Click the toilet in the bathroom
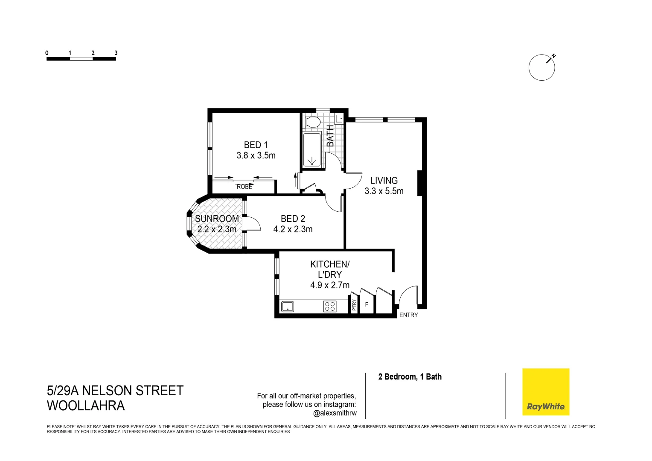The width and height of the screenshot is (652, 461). (313, 122)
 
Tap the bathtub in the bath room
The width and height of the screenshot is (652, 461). (312, 150)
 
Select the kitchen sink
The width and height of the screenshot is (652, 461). (287, 306)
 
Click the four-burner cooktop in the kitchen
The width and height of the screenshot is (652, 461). (330, 306)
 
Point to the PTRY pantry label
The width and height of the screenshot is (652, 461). (354, 305)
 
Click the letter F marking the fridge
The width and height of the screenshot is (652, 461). (366, 305)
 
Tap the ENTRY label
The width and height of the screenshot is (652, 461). (408, 315)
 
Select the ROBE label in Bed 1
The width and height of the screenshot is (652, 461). (244, 187)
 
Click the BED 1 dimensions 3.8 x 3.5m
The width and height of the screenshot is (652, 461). (256, 156)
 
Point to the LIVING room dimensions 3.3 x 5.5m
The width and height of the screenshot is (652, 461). (384, 191)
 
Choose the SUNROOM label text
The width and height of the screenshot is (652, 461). (217, 219)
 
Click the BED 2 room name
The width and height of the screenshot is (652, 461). (293, 219)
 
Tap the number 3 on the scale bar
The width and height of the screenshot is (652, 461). (116, 53)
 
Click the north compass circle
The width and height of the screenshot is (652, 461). (541, 67)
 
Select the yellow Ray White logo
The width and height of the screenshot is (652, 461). (546, 391)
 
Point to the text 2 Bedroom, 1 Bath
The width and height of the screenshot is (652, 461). (410, 376)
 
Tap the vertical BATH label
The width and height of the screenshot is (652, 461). (331, 136)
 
